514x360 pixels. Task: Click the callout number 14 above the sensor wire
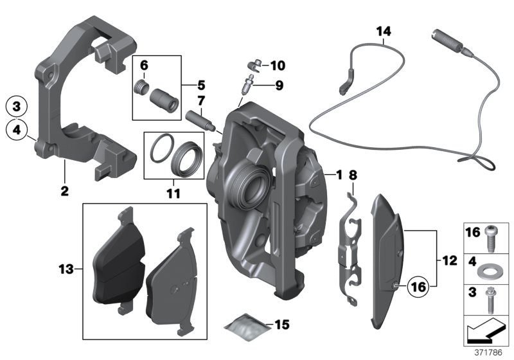pyautogui.click(x=383, y=31)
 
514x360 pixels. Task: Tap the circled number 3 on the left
pyautogui.click(x=17, y=105)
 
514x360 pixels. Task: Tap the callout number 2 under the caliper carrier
pyautogui.click(x=64, y=190)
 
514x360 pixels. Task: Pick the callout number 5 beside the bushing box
pyautogui.click(x=202, y=84)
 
